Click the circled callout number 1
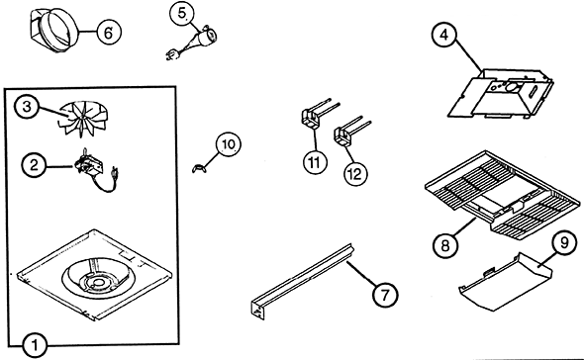click(35, 346)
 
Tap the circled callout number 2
click(34, 165)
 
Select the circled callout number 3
click(27, 107)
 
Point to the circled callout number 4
click(444, 35)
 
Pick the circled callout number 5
click(182, 14)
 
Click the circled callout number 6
click(109, 32)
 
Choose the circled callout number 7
click(385, 294)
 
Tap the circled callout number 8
click(445, 245)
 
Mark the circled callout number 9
click(564, 242)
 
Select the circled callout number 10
click(229, 144)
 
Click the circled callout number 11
click(315, 162)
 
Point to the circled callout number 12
click(355, 173)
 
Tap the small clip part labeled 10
click(199, 168)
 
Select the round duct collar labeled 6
click(54, 31)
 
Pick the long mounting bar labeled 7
click(302, 281)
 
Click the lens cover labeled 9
click(506, 282)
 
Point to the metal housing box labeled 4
click(500, 93)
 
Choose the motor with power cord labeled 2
click(97, 169)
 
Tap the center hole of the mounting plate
click(98, 283)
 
